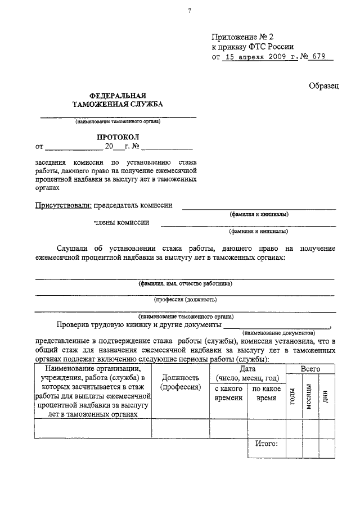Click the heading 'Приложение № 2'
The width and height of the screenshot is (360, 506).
tap(242, 35)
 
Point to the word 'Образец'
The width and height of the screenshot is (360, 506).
tap(323, 85)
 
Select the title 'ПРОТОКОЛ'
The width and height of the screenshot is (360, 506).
tap(117, 137)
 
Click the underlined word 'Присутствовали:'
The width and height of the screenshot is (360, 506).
tap(63, 206)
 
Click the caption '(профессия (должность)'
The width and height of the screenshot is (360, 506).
tap(185, 300)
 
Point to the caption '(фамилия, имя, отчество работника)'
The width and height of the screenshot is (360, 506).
tap(186, 284)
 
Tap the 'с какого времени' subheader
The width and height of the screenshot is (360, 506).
tap(228, 392)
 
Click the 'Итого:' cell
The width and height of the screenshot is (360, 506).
tap(266, 444)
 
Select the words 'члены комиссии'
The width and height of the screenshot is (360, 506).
tap(121, 223)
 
